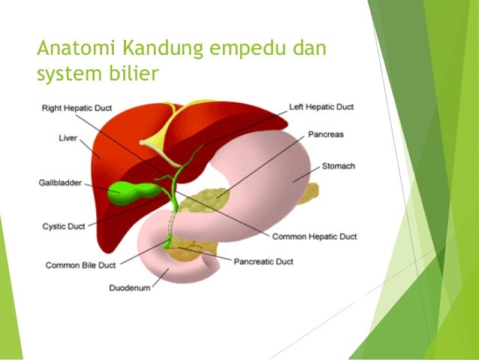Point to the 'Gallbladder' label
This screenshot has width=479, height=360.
tap(59, 183)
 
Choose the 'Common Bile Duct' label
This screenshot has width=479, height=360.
tap(80, 265)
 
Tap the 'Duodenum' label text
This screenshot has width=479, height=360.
tap(130, 287)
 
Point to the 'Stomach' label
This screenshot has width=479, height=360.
tap(339, 166)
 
